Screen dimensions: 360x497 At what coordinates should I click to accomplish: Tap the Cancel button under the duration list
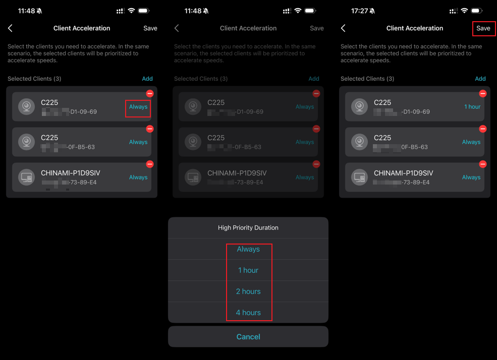[248, 337]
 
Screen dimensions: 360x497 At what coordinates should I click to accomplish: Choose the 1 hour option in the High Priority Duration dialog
[248, 270]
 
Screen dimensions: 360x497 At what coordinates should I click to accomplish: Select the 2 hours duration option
[248, 291]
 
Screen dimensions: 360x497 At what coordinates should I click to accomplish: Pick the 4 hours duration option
[248, 313]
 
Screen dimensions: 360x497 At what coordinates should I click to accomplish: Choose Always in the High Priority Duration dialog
[248, 249]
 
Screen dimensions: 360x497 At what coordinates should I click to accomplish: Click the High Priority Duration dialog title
[248, 228]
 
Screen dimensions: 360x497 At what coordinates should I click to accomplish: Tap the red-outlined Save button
[483, 28]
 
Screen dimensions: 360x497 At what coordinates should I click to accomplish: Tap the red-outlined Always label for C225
[138, 107]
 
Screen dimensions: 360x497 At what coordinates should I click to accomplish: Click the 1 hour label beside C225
[472, 107]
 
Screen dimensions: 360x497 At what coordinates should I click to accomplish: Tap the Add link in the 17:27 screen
[480, 79]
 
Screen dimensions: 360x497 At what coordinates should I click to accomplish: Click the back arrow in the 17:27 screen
[343, 28]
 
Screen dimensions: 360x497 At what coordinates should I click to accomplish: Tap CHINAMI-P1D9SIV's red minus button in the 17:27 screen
[482, 164]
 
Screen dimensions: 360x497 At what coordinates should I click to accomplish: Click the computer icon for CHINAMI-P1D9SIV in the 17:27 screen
[359, 177]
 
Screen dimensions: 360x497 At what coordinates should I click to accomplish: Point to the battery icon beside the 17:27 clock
[477, 11]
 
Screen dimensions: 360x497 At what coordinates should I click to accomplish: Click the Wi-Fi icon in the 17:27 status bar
[464, 11]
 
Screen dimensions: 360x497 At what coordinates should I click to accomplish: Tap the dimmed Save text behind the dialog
[316, 28]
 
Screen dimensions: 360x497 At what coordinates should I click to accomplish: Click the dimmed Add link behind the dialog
[313, 79]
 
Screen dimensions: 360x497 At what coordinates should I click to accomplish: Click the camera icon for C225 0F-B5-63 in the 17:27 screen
[359, 142]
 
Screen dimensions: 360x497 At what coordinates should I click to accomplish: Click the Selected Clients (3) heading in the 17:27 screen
[367, 79]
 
